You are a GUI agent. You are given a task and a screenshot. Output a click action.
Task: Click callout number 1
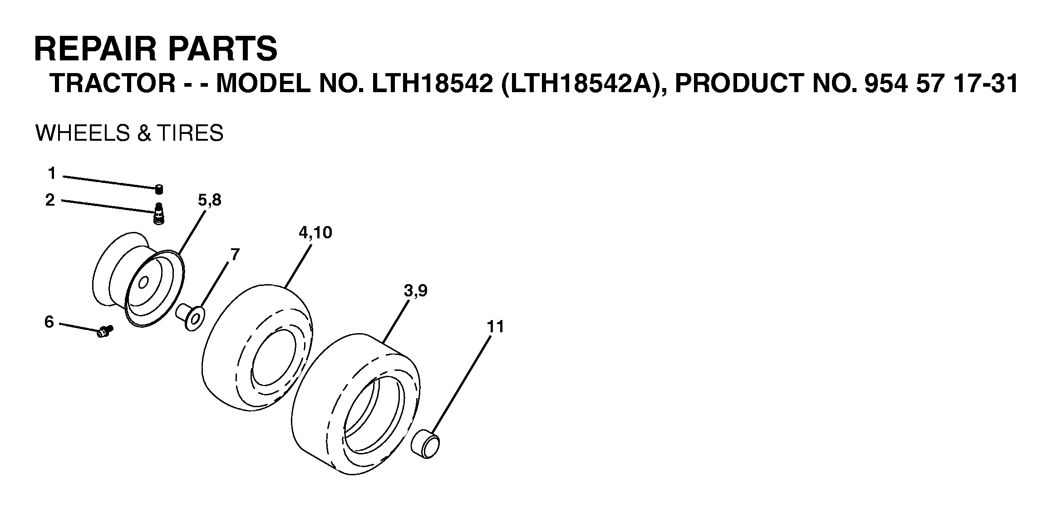52,173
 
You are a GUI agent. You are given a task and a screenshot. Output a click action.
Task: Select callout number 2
50,200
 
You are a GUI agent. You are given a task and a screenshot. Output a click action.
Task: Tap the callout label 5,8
210,200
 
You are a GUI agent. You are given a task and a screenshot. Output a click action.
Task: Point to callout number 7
235,255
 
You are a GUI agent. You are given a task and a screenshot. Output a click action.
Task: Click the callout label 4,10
315,232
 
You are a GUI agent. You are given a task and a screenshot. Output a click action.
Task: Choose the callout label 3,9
416,291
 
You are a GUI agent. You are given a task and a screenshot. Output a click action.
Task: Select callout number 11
495,326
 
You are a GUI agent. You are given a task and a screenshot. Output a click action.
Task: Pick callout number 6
49,322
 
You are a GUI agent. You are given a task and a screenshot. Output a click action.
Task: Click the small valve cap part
159,189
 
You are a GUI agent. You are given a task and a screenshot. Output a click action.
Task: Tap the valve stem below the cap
159,213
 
